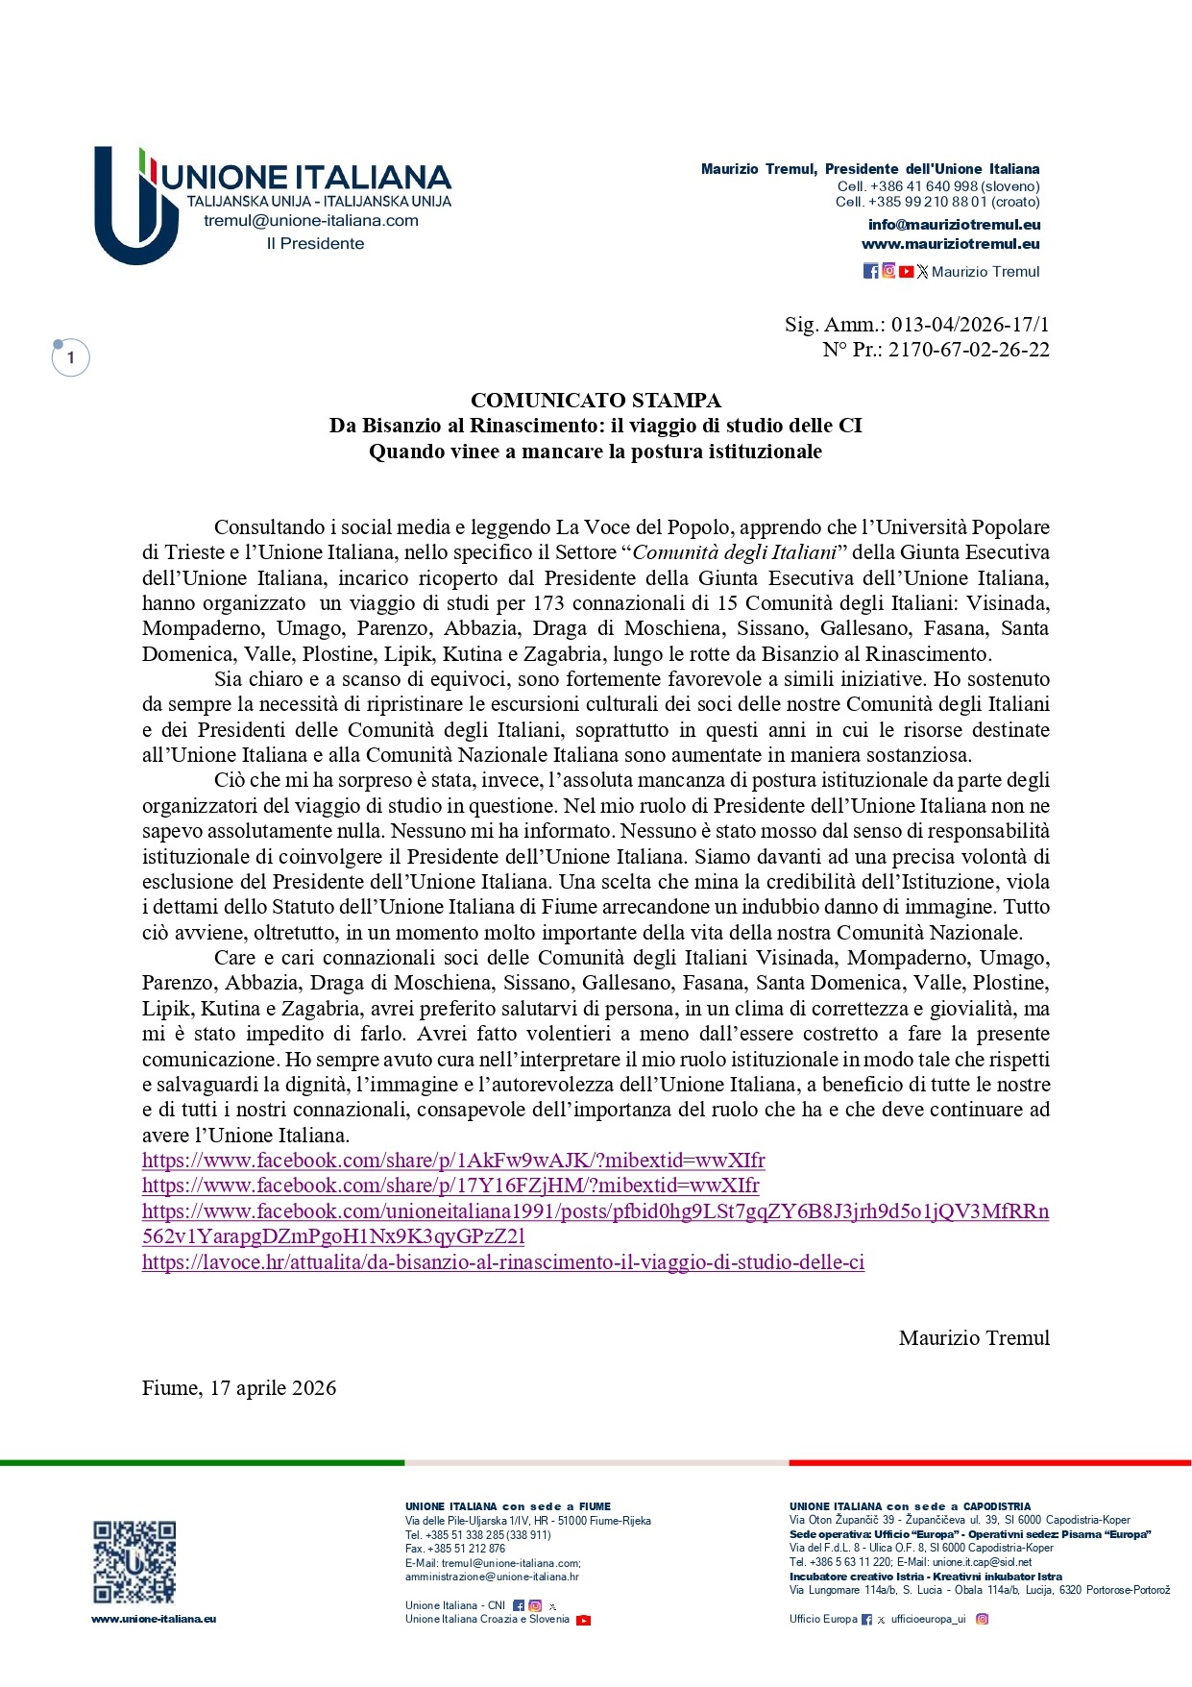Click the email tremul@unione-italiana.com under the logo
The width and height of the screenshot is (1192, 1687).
[310, 221]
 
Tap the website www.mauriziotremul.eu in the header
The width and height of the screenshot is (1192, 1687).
[950, 244]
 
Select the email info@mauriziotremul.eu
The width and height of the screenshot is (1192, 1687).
[954, 225]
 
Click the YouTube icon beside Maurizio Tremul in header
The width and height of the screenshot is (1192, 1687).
[906, 272]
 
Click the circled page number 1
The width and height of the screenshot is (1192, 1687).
[70, 358]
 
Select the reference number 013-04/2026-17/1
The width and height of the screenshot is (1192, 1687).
[970, 325]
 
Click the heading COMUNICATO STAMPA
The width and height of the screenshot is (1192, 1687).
[596, 401]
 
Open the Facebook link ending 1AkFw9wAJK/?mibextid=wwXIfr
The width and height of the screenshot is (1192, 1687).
[453, 1161]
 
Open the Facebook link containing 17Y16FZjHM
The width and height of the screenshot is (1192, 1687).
[450, 1186]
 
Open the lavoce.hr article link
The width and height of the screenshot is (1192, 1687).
[503, 1262]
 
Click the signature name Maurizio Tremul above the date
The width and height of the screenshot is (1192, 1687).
[974, 1338]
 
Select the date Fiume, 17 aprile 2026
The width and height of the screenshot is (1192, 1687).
[239, 1388]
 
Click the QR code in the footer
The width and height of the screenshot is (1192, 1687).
[134, 1561]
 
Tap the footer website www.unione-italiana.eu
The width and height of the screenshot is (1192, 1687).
[154, 1619]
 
